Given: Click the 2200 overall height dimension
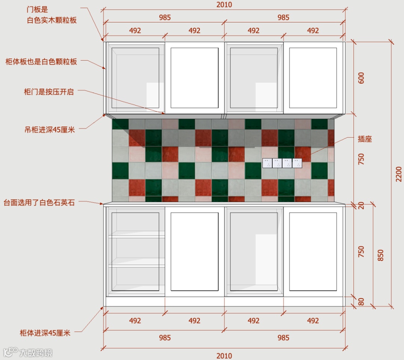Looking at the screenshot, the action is tap(399, 174).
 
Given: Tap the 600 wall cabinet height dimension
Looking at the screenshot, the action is tap(361, 78).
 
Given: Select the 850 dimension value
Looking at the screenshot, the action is tap(381, 255).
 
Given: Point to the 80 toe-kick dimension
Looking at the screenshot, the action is tap(361, 302).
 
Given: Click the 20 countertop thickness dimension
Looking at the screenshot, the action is tap(361, 205).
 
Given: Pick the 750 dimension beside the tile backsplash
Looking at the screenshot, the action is tap(361, 159).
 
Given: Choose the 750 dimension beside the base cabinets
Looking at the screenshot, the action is tap(361, 251).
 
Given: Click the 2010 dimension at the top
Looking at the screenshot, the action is tap(224, 5).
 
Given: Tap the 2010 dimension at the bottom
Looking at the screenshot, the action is tap(224, 356).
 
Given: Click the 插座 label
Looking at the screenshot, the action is tap(365, 139).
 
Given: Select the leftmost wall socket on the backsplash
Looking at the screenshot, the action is tap(267, 163).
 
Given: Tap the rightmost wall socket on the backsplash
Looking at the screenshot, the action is tap(297, 163).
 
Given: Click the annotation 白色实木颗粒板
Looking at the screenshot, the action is tap(52, 20).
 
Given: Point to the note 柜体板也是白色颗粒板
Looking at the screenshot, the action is tap(41, 62).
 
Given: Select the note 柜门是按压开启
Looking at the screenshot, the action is tap(49, 92).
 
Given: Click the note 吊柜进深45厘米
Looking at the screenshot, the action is tap(49, 130).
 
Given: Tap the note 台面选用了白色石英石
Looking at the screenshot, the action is tap(39, 203).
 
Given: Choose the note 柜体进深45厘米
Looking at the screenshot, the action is tap(45, 333).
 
